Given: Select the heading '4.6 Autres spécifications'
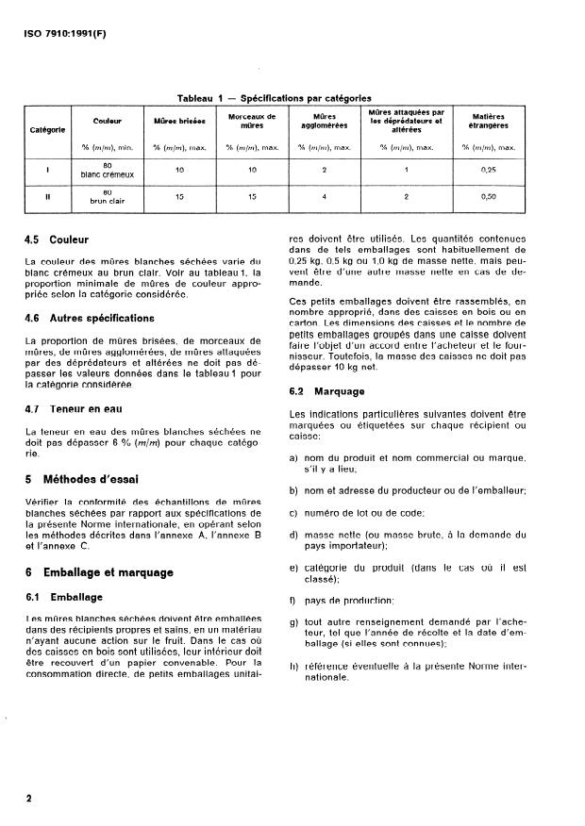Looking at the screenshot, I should point(90,319).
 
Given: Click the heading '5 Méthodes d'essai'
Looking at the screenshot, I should point(82,479).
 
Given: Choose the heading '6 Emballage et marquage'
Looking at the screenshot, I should point(99,572).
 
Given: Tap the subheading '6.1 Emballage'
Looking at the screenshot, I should point(63,597).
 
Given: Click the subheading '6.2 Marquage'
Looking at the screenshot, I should point(324,389).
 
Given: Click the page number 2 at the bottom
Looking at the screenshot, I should point(29,799).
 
